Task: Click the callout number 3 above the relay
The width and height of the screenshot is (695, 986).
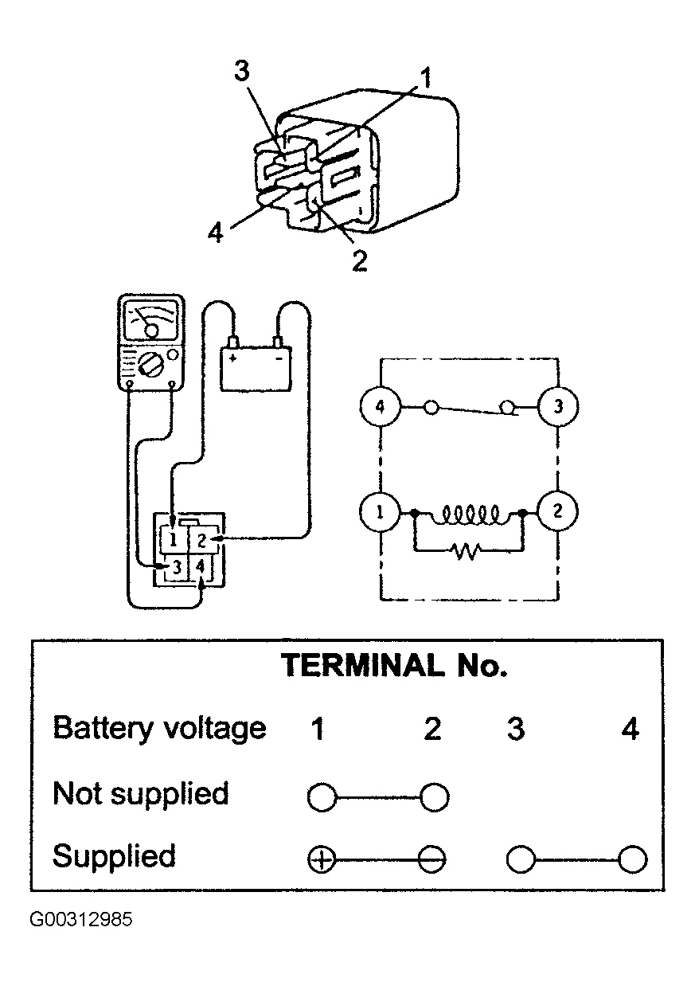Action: [x=241, y=71]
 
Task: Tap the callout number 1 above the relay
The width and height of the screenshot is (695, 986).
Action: [x=425, y=77]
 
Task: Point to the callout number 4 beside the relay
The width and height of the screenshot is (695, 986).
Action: [x=216, y=232]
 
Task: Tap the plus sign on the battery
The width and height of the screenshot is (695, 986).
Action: [x=232, y=358]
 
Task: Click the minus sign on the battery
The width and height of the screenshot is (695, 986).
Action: [x=279, y=358]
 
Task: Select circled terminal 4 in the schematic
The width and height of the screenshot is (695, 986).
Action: [x=380, y=406]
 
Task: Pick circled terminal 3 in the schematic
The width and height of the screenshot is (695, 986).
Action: [x=558, y=406]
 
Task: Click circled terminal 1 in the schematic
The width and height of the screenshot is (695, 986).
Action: [x=380, y=512]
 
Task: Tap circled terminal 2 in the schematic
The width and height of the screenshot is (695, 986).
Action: [x=558, y=511]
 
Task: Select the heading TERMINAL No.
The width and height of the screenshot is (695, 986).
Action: [x=394, y=665]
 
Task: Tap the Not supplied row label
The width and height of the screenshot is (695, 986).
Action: [x=141, y=792]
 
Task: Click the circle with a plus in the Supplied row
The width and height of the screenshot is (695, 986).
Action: [x=322, y=859]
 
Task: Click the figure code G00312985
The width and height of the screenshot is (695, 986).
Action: [x=81, y=920]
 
